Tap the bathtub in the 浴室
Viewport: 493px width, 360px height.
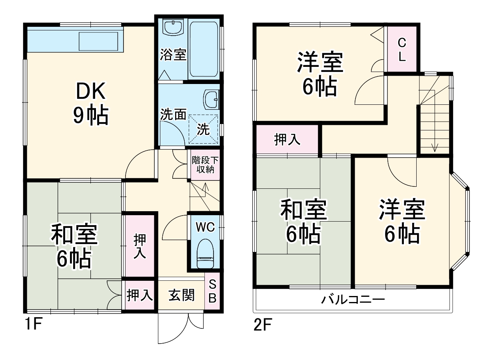(204, 49)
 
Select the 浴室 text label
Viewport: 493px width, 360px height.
(173, 55)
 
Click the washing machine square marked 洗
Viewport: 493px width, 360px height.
(204, 129)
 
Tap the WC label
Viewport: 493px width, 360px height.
(205, 227)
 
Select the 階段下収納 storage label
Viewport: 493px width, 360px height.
(205, 165)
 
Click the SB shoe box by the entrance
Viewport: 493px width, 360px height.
(212, 291)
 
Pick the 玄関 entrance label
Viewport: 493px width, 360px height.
(182, 296)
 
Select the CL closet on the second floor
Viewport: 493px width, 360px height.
(402, 49)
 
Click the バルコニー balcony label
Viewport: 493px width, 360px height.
(353, 300)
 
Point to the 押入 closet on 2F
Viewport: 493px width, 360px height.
(287, 140)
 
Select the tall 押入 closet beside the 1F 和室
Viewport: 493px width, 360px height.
(140, 246)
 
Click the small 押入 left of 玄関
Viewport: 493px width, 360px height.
(140, 296)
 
